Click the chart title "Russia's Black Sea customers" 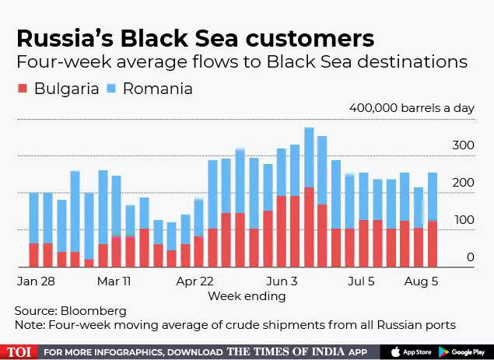click(x=194, y=38)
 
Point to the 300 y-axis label click(x=464, y=145)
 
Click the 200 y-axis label click(x=464, y=183)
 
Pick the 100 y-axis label click(x=464, y=220)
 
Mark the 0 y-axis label click(x=471, y=257)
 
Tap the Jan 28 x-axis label click(x=37, y=280)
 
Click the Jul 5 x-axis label click(x=361, y=280)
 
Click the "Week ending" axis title click(x=247, y=295)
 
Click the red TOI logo click(x=18, y=351)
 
